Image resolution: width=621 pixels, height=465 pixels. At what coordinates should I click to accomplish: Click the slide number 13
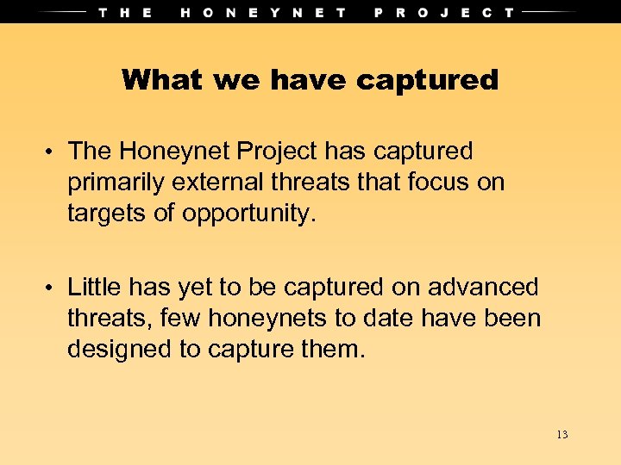tap(561, 434)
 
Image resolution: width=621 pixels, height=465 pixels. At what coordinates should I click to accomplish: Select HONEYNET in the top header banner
tap(264, 12)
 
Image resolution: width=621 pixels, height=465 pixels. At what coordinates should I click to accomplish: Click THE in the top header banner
tap(125, 12)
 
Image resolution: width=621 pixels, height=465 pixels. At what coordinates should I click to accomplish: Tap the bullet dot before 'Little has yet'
tap(52, 288)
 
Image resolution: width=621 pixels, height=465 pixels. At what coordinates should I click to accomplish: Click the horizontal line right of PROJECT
tap(551, 12)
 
